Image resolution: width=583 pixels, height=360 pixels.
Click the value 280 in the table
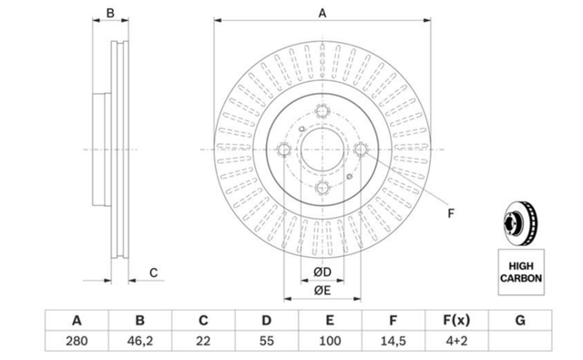tap(77, 341)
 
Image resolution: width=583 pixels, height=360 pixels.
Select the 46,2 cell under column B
tap(139, 341)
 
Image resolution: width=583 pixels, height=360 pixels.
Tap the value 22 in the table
tap(203, 341)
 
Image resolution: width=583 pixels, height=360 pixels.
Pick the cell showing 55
tap(267, 341)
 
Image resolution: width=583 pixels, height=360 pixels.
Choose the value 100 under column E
tap(330, 341)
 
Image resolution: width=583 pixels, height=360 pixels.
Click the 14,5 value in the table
tap(393, 341)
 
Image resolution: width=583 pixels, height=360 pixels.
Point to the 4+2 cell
tap(456, 341)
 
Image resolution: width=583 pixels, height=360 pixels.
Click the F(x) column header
tap(456, 320)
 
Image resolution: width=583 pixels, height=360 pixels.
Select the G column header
tap(520, 320)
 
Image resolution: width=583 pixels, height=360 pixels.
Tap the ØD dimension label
tap(322, 273)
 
